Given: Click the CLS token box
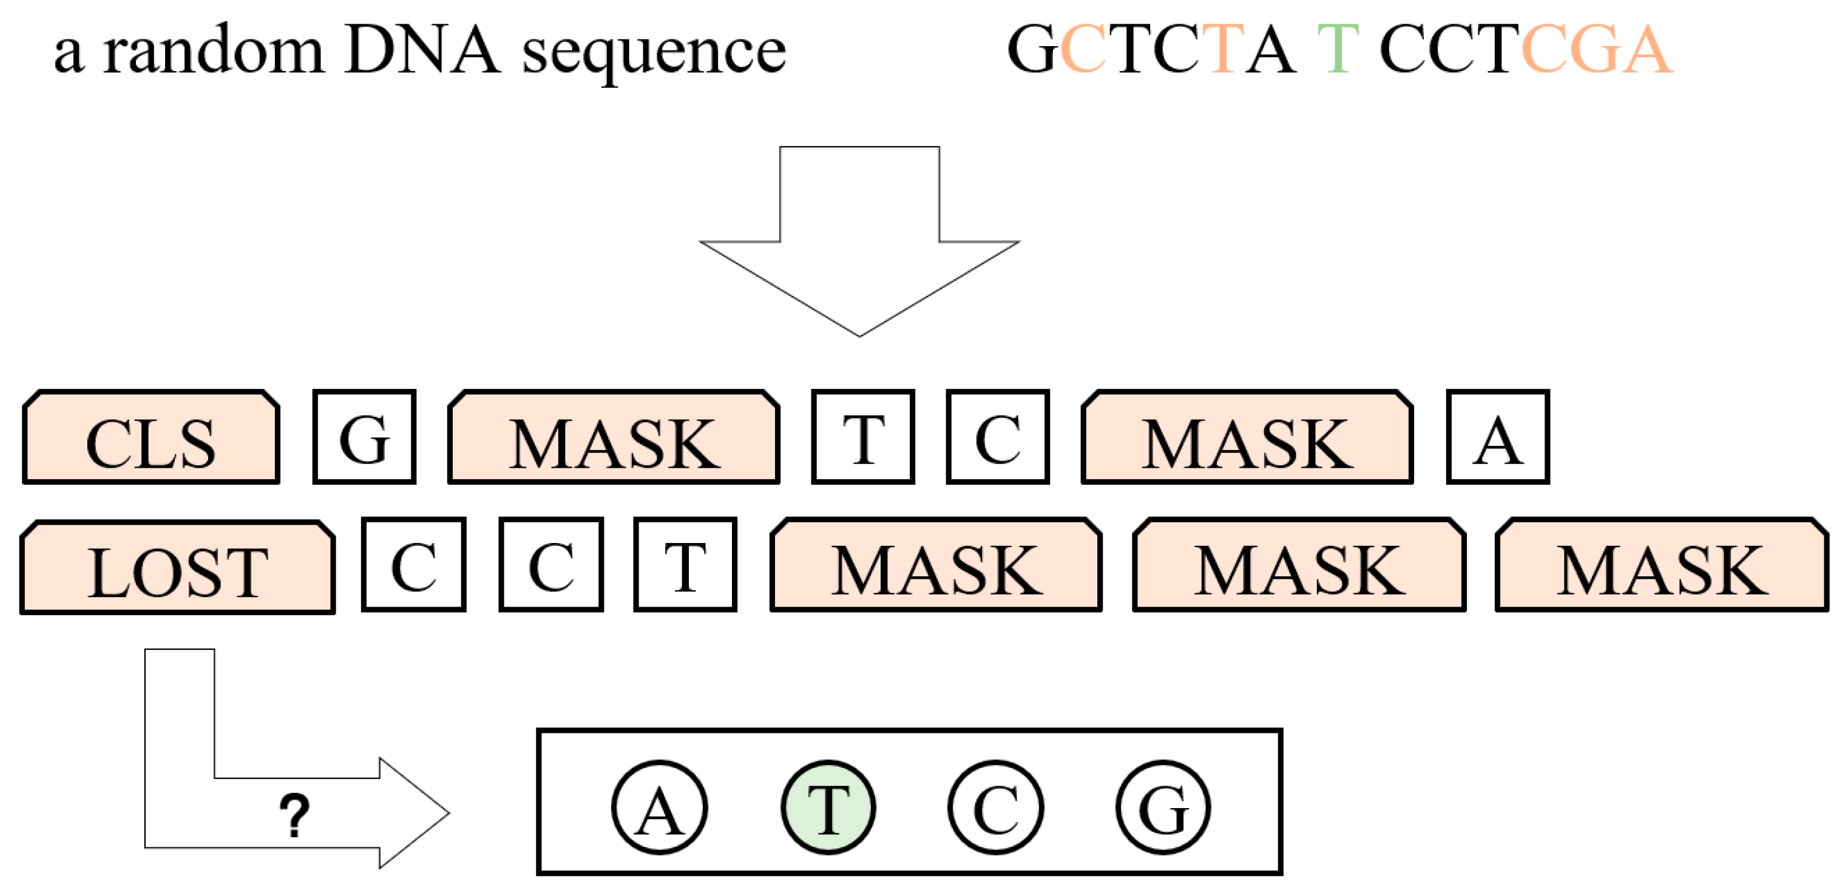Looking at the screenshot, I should (x=151, y=437).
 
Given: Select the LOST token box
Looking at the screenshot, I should (x=178, y=567).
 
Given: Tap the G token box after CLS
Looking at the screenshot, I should (x=364, y=437).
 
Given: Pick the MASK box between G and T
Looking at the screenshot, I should (x=614, y=437).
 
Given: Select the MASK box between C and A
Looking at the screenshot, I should (x=1247, y=437).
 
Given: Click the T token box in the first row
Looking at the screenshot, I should (x=862, y=437).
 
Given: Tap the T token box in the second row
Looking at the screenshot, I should (x=685, y=564).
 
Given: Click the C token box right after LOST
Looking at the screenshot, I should (x=413, y=564).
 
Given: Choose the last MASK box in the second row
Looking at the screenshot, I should (x=1662, y=565).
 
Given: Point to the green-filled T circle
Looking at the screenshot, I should (x=828, y=807).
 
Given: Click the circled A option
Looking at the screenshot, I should (x=660, y=807).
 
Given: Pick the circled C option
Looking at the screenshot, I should (x=995, y=807).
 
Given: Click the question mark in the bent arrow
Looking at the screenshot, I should (x=294, y=815).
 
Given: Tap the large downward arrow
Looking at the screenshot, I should (x=859, y=243).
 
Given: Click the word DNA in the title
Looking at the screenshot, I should (x=421, y=50).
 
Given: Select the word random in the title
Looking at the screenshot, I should (x=212, y=50).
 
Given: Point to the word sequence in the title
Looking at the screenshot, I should (x=653, y=54).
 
